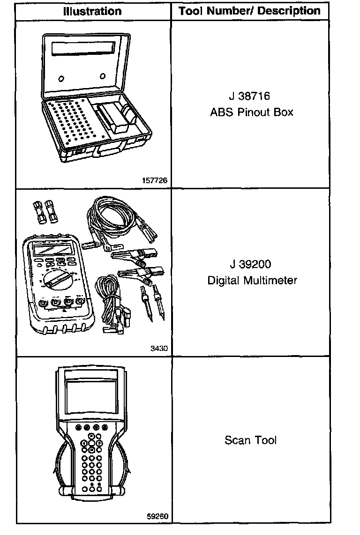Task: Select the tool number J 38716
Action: (x=249, y=97)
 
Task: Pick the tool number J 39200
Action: (x=250, y=264)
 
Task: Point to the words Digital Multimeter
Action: (x=252, y=281)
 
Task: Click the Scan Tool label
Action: (x=250, y=440)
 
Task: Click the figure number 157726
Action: (x=155, y=180)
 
